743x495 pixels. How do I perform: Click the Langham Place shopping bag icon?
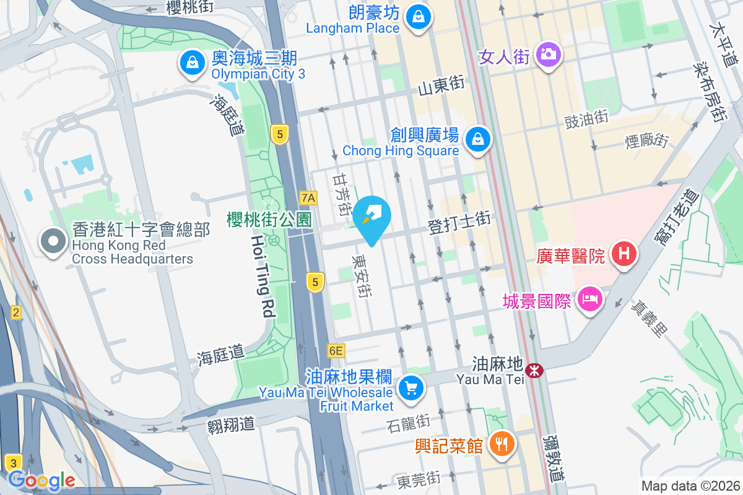click(x=419, y=17)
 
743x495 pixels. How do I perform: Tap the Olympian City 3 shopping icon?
click(x=193, y=62)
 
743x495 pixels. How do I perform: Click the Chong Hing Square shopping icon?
click(x=478, y=139)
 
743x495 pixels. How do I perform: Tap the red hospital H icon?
click(x=624, y=254)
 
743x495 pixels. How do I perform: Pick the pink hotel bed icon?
click(x=589, y=300)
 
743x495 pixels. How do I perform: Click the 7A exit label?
click(x=308, y=198)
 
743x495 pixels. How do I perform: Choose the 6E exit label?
click(x=336, y=351)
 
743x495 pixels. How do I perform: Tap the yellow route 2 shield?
click(x=15, y=312)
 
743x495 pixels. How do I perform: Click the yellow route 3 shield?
click(x=13, y=462)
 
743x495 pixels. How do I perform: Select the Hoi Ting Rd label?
click(x=263, y=275)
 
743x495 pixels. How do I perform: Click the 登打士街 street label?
click(x=459, y=223)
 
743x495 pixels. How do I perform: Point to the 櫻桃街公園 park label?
click(x=269, y=218)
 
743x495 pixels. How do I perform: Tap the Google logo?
click(x=41, y=480)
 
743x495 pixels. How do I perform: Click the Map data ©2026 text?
click(x=690, y=486)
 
